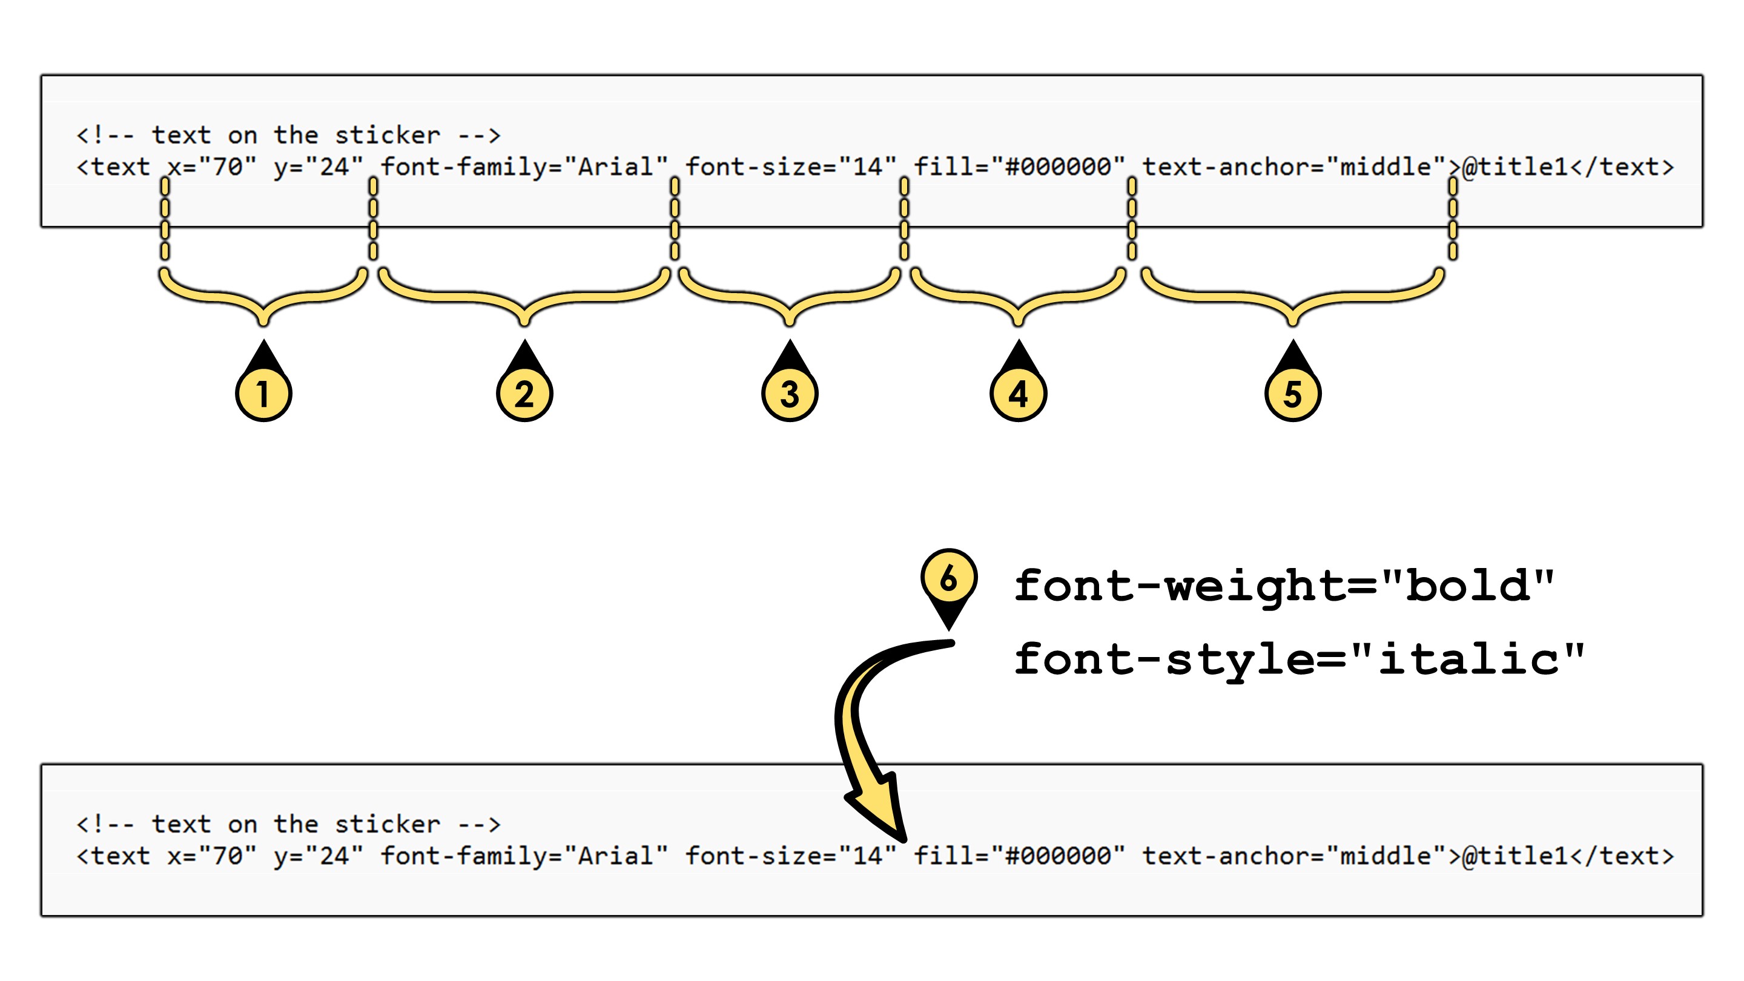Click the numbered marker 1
click(x=263, y=394)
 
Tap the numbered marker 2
click(x=524, y=394)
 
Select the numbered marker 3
click(x=790, y=394)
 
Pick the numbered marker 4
click(x=1018, y=394)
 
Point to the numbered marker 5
click(x=1293, y=394)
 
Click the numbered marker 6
click(x=948, y=577)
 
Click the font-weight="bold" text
click(x=1284, y=586)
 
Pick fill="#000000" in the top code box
click(x=1020, y=167)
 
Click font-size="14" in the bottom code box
click(x=791, y=856)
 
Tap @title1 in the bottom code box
click(x=1515, y=856)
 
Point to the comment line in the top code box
click(x=289, y=136)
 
